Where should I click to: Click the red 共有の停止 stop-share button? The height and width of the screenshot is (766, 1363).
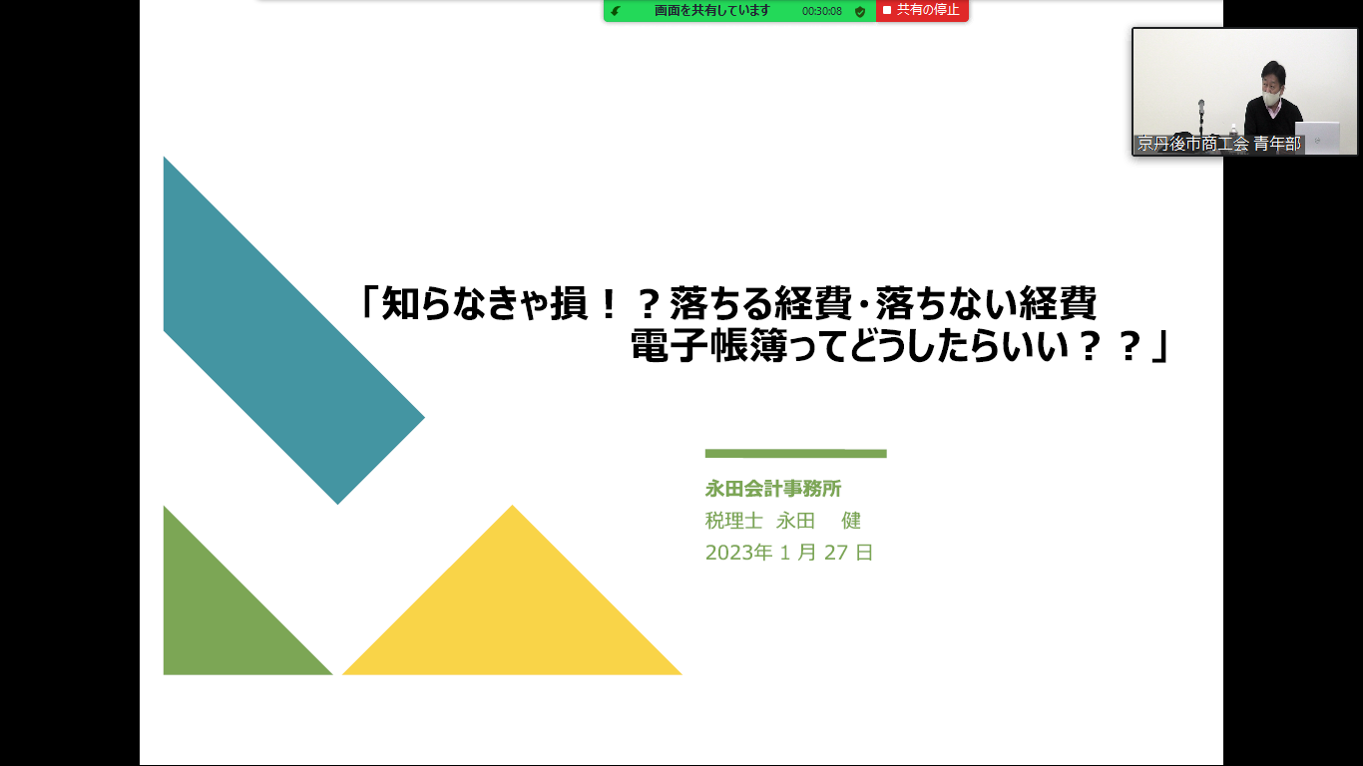point(922,10)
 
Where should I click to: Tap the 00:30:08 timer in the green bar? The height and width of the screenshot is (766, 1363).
point(821,11)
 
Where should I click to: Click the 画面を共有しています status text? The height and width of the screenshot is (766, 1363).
point(711,10)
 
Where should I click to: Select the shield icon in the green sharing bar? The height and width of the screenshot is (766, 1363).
point(860,12)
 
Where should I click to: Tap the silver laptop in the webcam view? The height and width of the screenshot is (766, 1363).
point(1317,138)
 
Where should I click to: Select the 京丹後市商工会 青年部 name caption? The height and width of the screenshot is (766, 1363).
point(1218,145)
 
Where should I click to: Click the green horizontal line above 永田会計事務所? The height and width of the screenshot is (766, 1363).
point(795,453)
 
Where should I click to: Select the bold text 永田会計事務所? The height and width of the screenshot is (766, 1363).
point(772,489)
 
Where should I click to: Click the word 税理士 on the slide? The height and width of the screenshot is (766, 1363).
point(733,521)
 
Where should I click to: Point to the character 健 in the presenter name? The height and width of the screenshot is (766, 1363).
point(851,521)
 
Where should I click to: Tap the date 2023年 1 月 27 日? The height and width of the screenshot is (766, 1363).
point(788,553)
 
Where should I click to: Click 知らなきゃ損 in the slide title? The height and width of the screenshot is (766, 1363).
point(485,303)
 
